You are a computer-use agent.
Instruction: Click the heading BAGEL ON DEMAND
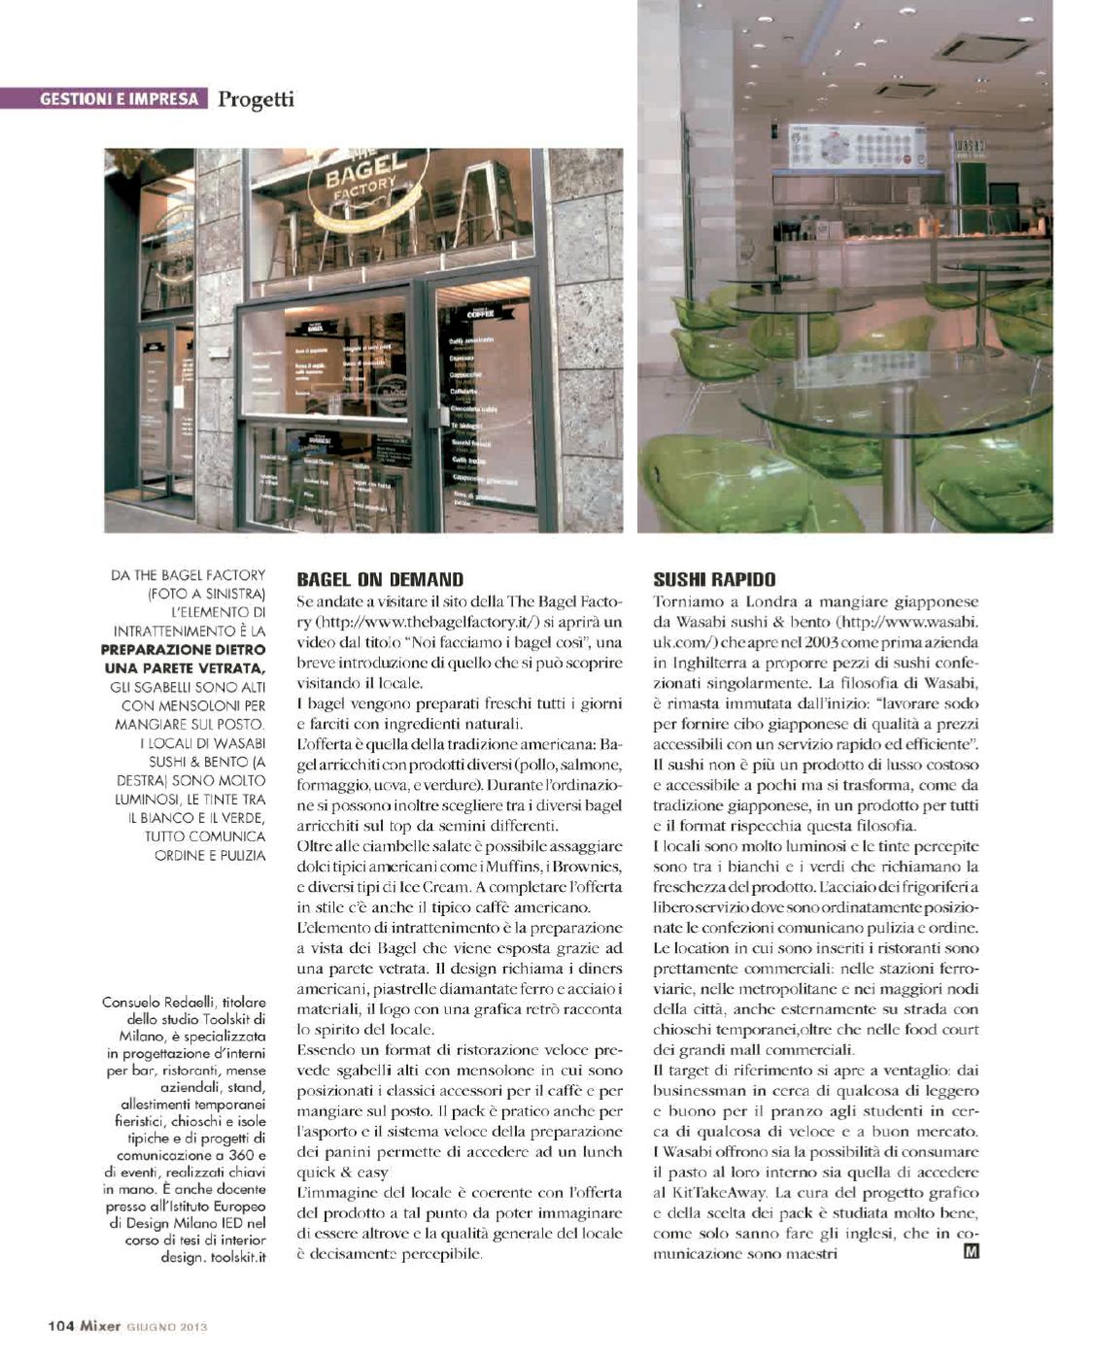point(380,580)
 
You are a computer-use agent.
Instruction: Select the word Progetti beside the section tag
point(256,99)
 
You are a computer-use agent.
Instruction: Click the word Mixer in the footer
point(99,1325)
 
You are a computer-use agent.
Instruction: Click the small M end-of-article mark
point(970,1252)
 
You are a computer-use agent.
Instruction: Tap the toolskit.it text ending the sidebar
point(239,1256)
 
